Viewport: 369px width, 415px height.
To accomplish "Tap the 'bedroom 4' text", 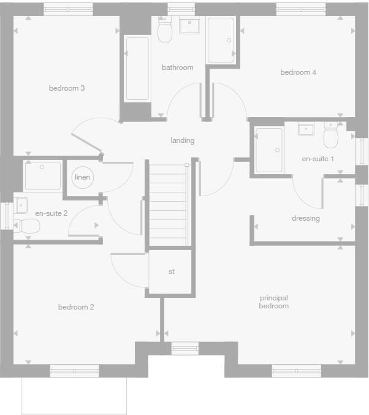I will pyautogui.click(x=298, y=72).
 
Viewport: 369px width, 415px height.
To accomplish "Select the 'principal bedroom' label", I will pyautogui.click(x=273, y=302).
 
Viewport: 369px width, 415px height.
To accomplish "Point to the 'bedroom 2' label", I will pyautogui.click(x=76, y=307).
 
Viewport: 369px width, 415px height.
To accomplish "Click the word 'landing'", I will pyautogui.click(x=183, y=140).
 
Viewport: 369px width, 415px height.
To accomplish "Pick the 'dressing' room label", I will pyautogui.click(x=305, y=218).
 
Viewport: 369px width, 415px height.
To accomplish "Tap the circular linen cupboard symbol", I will pyautogui.click(x=82, y=177).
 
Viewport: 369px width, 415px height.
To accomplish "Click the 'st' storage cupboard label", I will pyautogui.click(x=172, y=272).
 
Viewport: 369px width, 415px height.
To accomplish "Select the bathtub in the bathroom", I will pyautogui.click(x=137, y=68).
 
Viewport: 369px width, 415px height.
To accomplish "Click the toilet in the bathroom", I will pyautogui.click(x=164, y=31).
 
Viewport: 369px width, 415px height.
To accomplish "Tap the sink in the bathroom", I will pyautogui.click(x=189, y=26).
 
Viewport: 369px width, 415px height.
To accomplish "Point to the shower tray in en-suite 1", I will pyautogui.click(x=269, y=150).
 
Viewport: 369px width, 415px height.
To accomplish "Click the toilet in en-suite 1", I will pyautogui.click(x=331, y=136).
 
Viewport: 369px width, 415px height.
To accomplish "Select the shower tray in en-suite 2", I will pyautogui.click(x=43, y=176).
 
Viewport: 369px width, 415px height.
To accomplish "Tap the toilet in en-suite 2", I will pyautogui.click(x=27, y=226).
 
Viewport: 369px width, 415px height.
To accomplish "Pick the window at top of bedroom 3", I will pyautogui.click(x=69, y=9).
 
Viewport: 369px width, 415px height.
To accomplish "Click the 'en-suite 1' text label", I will pyautogui.click(x=318, y=159).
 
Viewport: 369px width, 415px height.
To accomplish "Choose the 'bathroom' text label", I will pyautogui.click(x=177, y=67).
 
